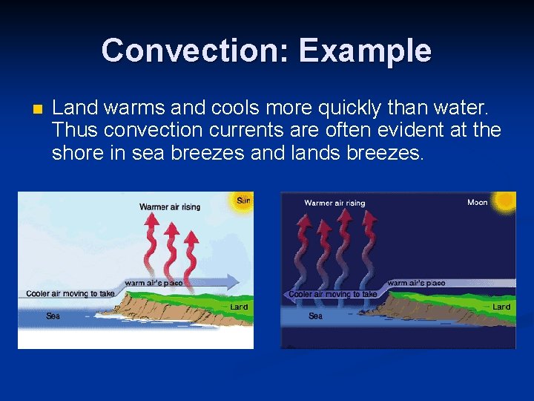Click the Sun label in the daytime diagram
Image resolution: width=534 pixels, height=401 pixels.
243,200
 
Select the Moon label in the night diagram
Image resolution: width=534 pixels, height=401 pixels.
478,203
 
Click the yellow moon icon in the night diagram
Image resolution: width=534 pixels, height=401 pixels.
506,200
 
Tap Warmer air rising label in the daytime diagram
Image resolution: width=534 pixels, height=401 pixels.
170,206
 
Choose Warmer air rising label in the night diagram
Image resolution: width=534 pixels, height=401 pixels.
334,203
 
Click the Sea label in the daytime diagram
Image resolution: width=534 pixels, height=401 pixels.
53,316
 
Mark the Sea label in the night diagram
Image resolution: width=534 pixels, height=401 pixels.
316,316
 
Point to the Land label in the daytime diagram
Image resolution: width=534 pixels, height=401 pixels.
239,306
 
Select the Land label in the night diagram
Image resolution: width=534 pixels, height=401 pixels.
501,307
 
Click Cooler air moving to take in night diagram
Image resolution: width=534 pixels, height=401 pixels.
332,294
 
